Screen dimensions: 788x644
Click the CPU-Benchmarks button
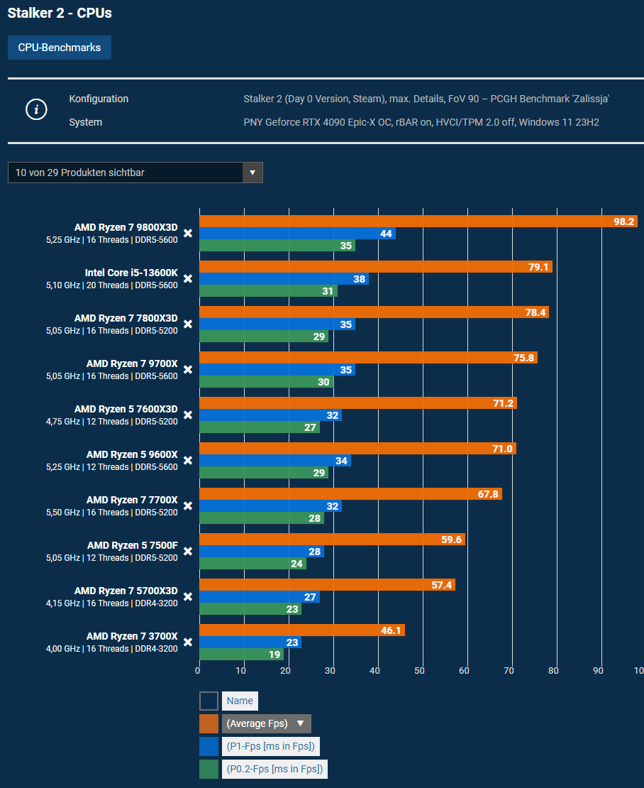point(60,48)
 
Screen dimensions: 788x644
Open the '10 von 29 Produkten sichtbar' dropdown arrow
point(252,173)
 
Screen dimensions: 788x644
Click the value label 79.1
point(538,267)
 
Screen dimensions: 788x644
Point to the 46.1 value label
point(391,630)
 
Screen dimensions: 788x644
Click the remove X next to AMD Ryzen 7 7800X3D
point(188,324)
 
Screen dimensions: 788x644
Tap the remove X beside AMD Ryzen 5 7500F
point(188,551)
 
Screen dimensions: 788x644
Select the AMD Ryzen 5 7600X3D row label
point(126,409)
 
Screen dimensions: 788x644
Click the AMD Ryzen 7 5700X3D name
point(126,591)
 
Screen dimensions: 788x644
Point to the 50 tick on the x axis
point(420,670)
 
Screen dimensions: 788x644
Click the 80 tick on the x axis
point(554,670)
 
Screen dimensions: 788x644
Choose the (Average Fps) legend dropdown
point(266,723)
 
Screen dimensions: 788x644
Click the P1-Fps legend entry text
point(270,746)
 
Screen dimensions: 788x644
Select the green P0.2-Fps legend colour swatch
point(209,769)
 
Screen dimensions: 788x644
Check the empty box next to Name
point(209,701)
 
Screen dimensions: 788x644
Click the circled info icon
point(36,110)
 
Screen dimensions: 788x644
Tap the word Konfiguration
point(99,99)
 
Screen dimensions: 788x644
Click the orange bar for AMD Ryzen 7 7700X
point(350,494)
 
